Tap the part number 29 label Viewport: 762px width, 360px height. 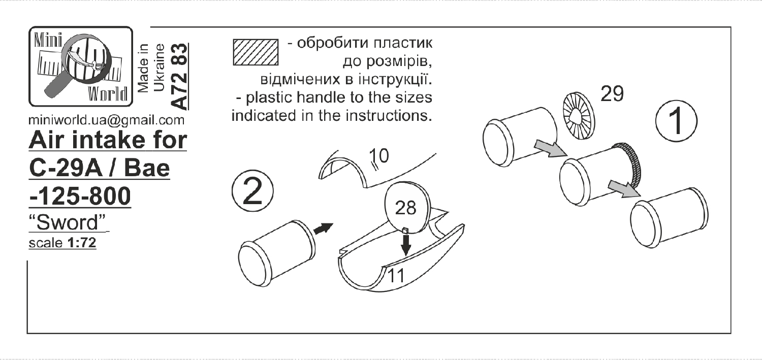(613, 94)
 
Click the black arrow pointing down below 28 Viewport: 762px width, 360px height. (405, 245)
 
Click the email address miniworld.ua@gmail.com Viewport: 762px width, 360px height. (107, 121)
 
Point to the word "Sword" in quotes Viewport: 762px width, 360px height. (70, 222)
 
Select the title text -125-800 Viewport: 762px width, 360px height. (81, 197)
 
